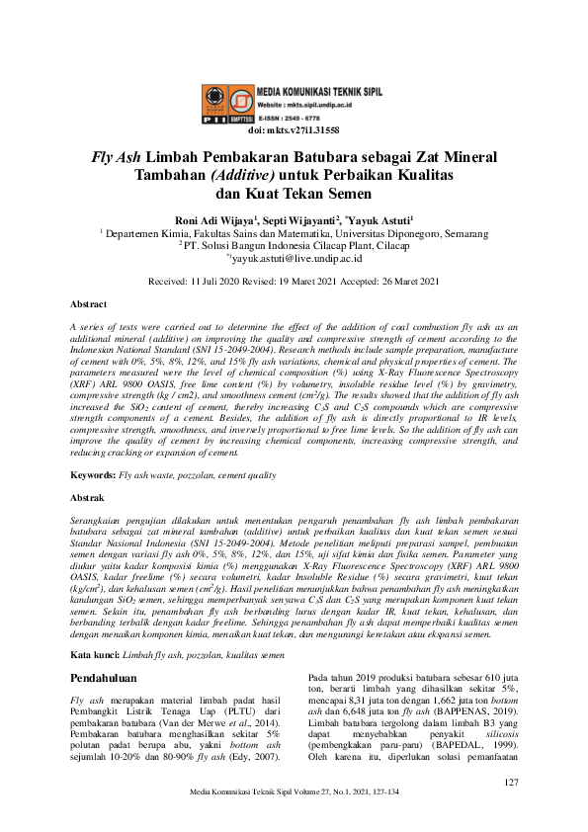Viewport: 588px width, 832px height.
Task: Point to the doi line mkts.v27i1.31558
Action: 294,130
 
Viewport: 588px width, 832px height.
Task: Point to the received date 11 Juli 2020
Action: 215,281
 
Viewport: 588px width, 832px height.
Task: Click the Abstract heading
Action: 90,304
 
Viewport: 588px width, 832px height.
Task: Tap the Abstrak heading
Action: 89,498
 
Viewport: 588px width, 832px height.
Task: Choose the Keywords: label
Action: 93,475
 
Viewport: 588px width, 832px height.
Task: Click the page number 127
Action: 511,784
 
